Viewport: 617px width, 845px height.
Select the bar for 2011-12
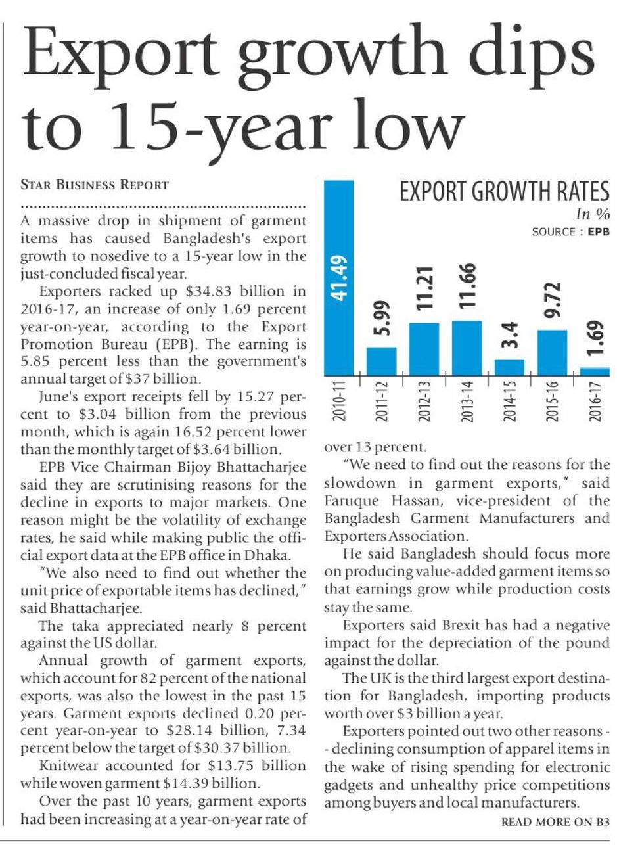point(381,361)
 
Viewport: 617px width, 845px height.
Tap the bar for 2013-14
point(467,348)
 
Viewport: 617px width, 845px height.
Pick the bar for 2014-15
point(509,367)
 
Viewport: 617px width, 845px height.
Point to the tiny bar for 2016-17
point(595,371)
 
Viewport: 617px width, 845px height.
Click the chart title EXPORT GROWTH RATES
point(505,193)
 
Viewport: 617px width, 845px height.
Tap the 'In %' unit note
point(593,214)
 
